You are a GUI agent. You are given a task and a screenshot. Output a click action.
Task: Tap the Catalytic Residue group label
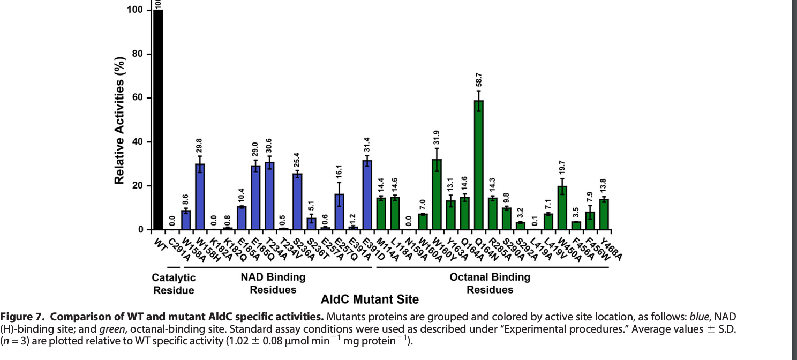pyautogui.click(x=174, y=284)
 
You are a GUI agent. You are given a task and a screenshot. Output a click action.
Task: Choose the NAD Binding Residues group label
pyautogui.click(x=273, y=283)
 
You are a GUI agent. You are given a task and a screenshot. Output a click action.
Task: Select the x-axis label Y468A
pyautogui.click(x=611, y=250)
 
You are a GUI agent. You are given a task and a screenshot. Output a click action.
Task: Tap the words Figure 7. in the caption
pyautogui.click(x=23, y=315)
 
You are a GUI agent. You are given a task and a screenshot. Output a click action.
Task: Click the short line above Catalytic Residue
pyautogui.click(x=173, y=267)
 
